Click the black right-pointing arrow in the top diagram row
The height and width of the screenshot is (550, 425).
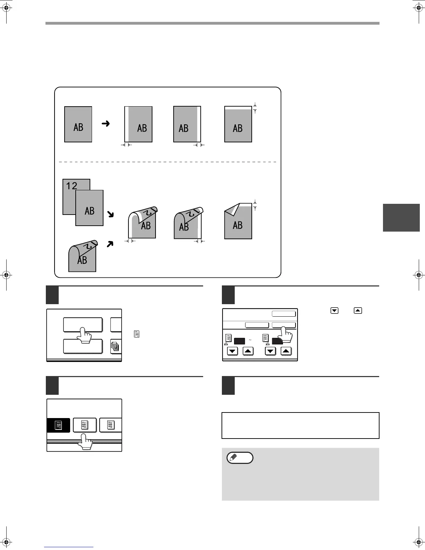point(106,123)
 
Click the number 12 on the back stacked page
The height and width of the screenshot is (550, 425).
point(72,186)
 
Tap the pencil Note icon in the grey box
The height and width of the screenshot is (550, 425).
point(240,458)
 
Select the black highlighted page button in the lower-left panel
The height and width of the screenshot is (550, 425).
point(58,425)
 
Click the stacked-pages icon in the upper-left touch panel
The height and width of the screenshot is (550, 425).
point(115,346)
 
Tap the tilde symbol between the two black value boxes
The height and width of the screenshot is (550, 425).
point(250,340)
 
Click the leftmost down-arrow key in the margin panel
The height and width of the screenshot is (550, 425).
point(233,351)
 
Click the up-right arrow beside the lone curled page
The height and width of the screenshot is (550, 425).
point(110,244)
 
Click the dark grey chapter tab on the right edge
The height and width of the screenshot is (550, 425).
point(401,218)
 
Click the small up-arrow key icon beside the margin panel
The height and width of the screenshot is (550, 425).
point(358,310)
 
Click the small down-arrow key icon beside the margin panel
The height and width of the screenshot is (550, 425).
point(334,310)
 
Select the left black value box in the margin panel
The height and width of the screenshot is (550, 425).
point(240,341)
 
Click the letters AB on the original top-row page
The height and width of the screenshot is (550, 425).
point(78,127)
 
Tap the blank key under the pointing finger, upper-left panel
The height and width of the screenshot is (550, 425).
point(83,325)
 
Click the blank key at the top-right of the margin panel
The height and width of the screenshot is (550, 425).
point(284,314)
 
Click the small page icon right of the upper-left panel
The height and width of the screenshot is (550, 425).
point(136,334)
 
